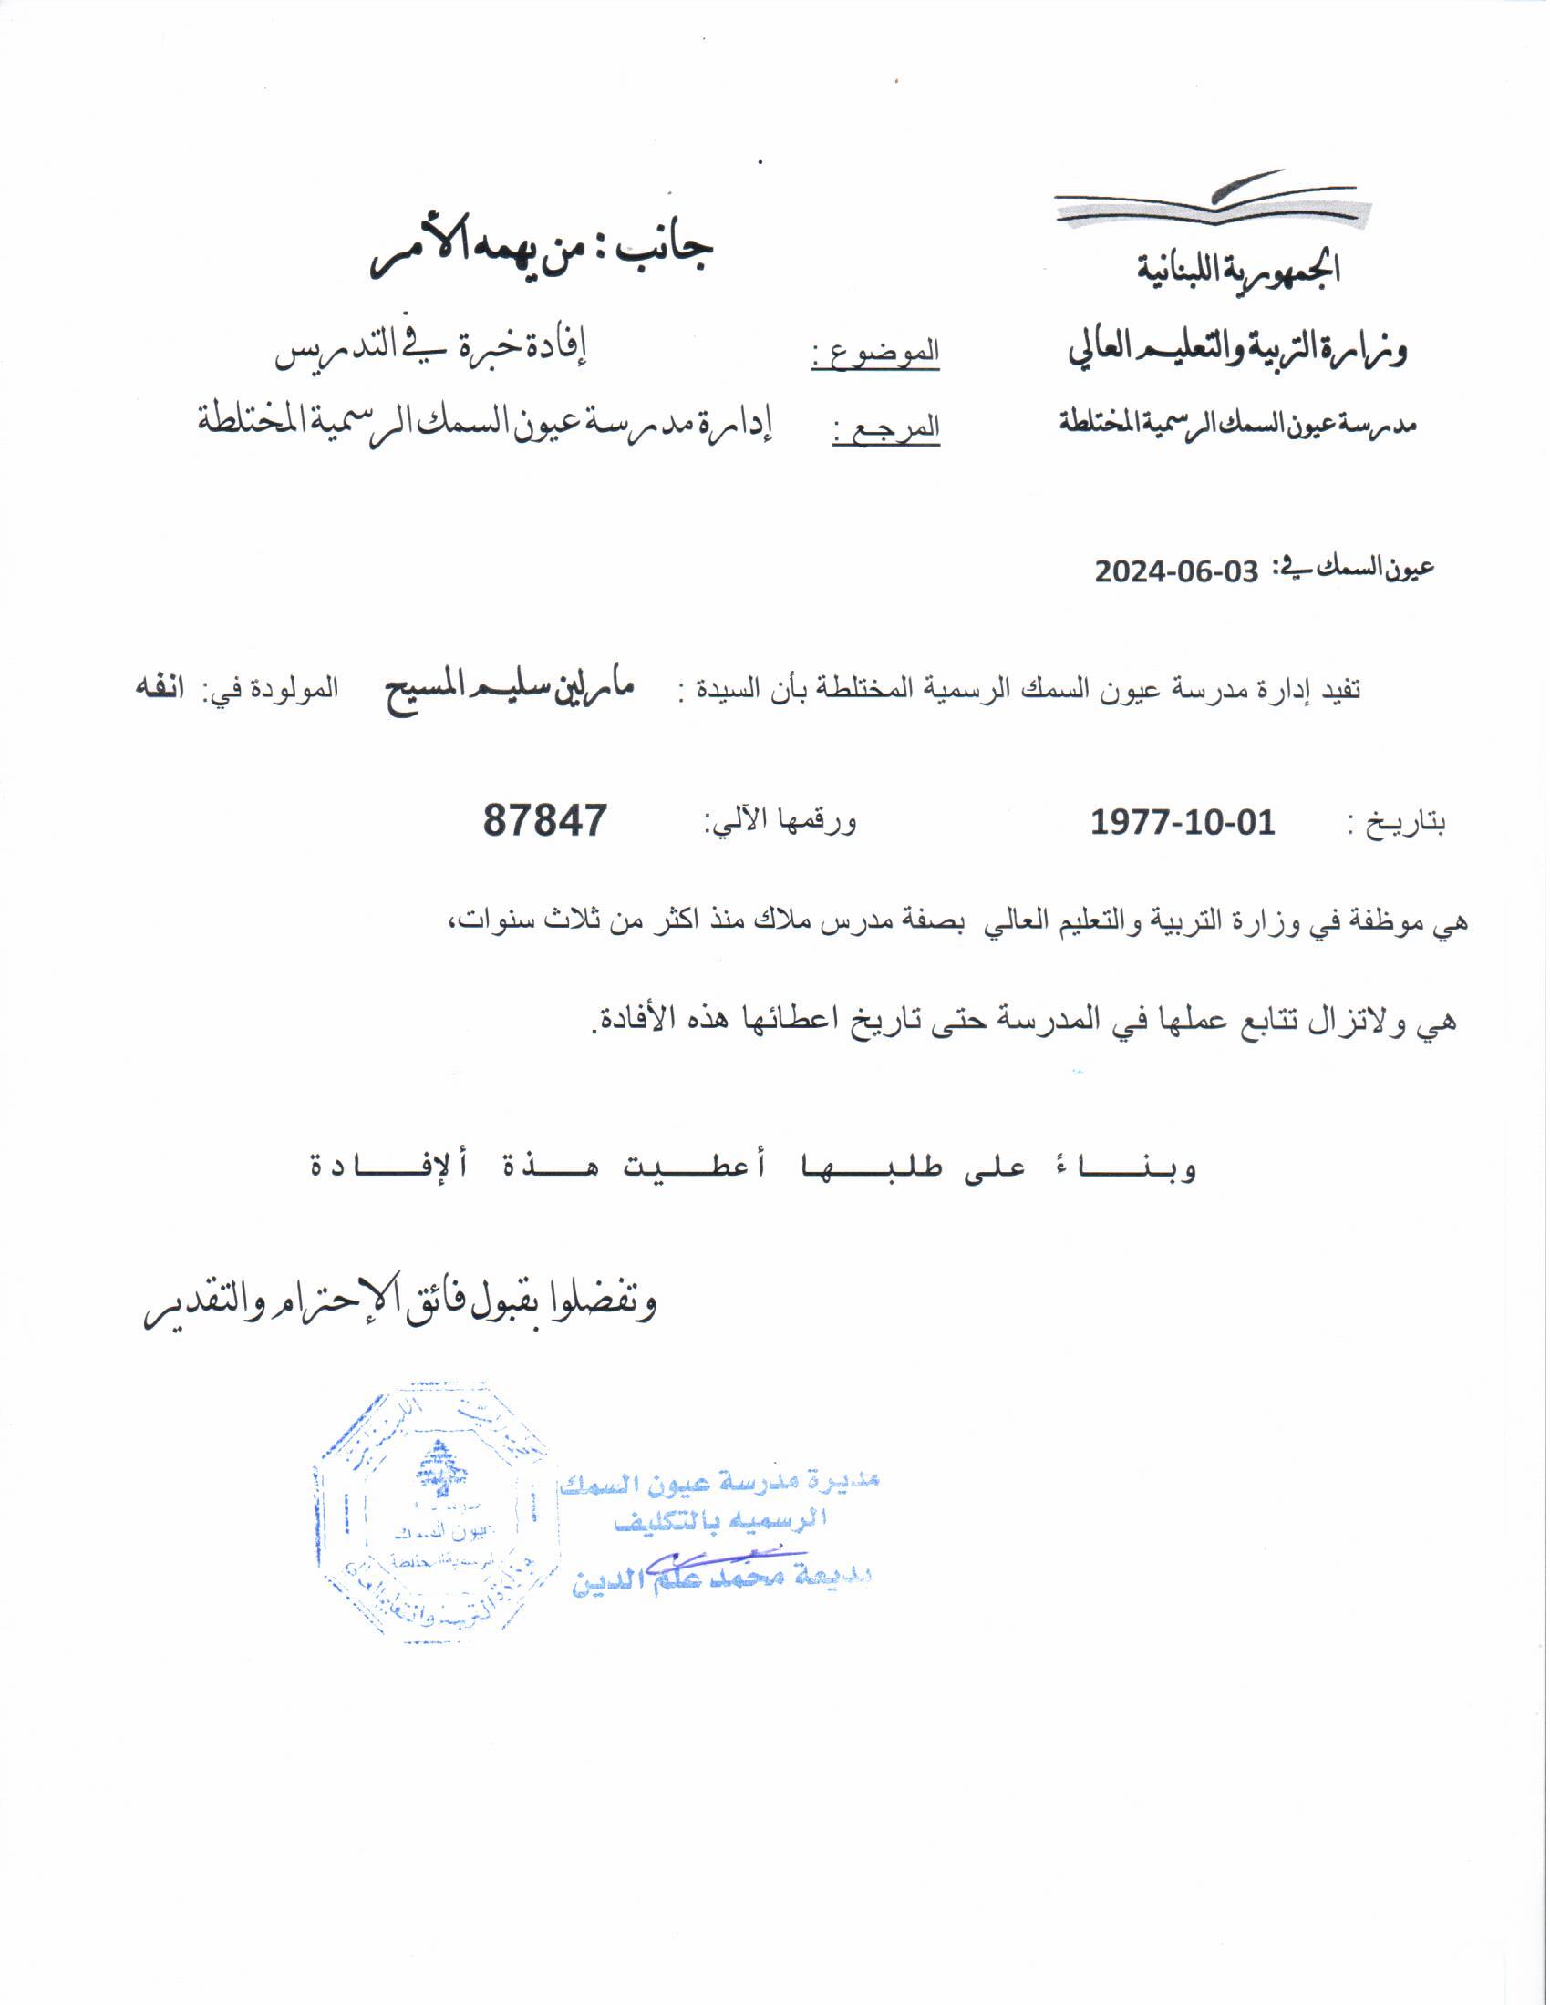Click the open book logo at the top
[x=1211, y=201]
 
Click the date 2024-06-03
[x=1175, y=571]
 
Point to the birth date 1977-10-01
[x=1183, y=822]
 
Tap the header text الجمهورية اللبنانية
[x=1239, y=269]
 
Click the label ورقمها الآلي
[x=780, y=822]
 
